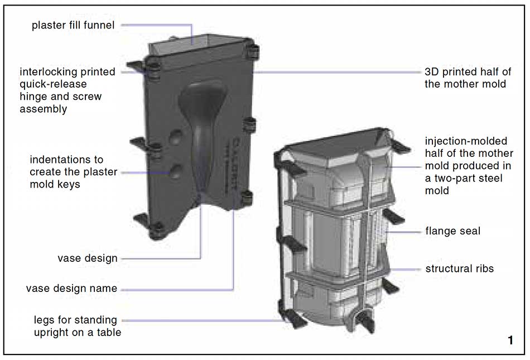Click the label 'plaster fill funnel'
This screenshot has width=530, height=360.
click(x=73, y=25)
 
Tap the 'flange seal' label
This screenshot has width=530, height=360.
click(x=452, y=231)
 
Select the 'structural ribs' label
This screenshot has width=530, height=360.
click(x=459, y=268)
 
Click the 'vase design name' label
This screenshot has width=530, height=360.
click(x=71, y=289)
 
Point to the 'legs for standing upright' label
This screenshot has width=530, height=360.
click(x=78, y=326)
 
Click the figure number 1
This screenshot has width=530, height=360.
click(x=510, y=340)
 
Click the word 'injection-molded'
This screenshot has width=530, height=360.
click(x=466, y=141)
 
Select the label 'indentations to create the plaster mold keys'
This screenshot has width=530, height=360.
click(x=73, y=172)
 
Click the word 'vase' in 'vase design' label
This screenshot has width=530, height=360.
click(x=69, y=258)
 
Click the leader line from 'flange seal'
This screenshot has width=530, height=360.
click(x=403, y=232)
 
